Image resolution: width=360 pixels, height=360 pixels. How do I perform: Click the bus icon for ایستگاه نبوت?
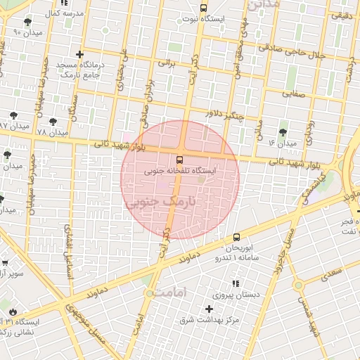coord(203,8)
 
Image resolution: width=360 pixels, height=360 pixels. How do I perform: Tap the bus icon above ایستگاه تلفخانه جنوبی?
coord(180,160)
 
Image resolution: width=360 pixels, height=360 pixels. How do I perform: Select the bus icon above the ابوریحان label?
coord(236,238)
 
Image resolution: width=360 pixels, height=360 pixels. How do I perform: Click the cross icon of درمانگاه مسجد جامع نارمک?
coord(79,55)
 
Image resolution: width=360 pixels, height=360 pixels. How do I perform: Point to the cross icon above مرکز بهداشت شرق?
coord(209,309)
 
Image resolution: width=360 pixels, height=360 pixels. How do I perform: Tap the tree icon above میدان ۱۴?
coord(283,131)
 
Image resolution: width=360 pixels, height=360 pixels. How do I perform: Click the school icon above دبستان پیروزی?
coord(236,283)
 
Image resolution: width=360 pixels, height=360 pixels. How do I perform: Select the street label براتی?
coord(165,63)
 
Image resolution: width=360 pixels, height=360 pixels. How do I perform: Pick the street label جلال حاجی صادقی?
coord(291,52)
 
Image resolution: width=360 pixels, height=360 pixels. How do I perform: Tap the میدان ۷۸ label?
coord(53,132)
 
